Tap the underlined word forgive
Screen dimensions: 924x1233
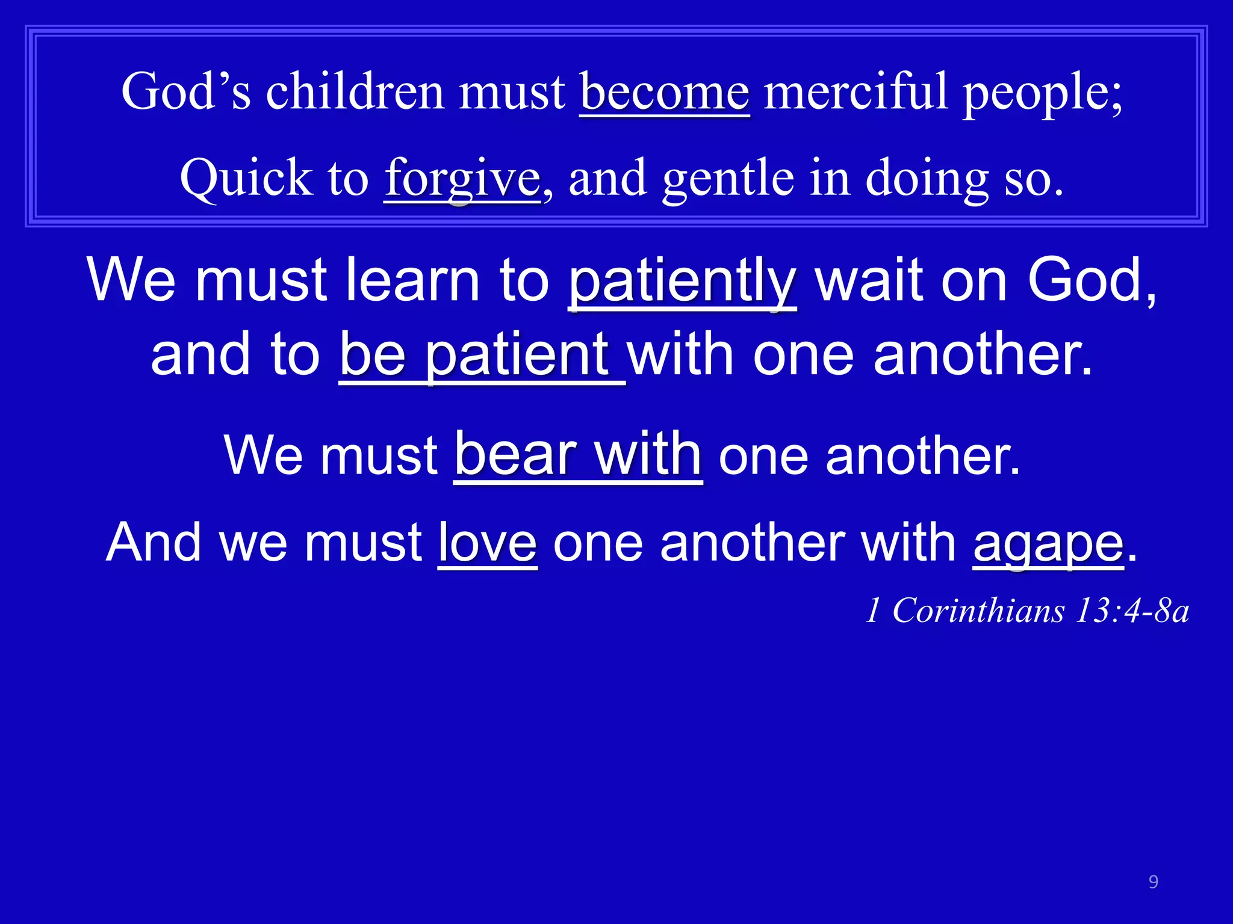[462, 178]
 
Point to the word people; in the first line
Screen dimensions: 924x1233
[1042, 93]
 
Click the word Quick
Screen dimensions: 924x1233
[246, 178]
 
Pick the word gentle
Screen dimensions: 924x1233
[728, 178]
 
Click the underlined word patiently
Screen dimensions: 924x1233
[682, 281]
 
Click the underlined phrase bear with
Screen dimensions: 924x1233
[578, 455]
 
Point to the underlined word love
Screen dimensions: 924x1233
[487, 543]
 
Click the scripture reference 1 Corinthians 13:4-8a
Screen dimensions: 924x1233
[1027, 611]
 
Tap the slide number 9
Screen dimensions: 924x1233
[1153, 882]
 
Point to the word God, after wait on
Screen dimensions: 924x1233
[1091, 281]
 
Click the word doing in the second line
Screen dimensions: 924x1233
[927, 179]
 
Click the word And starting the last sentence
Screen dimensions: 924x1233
[154, 543]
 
